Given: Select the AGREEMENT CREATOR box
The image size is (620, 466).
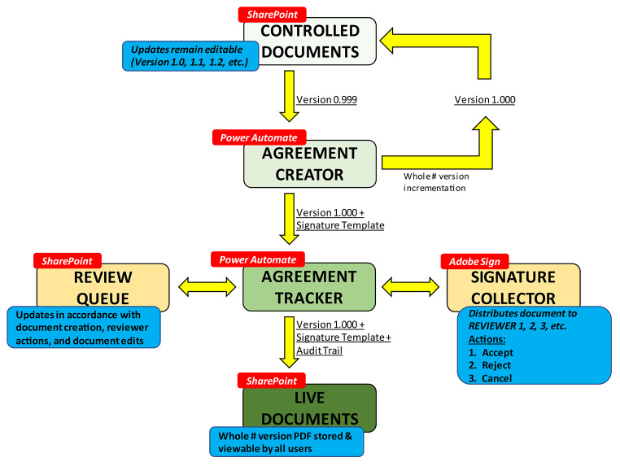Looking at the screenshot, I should click(x=309, y=163).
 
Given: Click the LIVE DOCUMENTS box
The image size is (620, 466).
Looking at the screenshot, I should click(x=309, y=407).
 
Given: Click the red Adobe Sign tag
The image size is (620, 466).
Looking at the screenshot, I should click(x=474, y=261).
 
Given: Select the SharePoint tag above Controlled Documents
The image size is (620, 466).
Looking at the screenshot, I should click(x=272, y=15).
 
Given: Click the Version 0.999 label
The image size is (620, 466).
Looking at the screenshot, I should click(x=326, y=100).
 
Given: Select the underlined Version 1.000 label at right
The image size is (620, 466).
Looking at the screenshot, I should click(x=484, y=100).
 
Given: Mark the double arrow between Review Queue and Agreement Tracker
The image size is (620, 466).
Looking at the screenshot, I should click(x=207, y=286).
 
